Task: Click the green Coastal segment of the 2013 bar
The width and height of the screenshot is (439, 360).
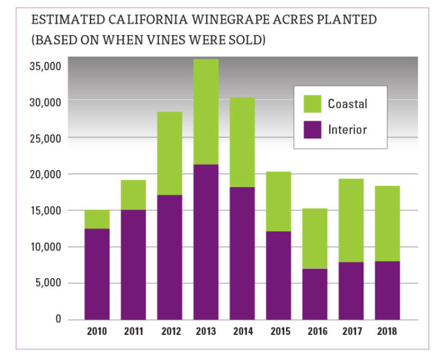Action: (205, 111)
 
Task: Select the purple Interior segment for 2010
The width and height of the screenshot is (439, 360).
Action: (97, 274)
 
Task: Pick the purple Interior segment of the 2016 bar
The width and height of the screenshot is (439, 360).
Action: (314, 294)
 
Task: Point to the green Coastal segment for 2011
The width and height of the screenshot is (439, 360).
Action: (133, 195)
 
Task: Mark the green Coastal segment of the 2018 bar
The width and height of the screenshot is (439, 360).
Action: (387, 223)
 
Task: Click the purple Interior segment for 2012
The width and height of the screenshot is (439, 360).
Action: (169, 257)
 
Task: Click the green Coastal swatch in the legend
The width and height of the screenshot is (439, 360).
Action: (312, 104)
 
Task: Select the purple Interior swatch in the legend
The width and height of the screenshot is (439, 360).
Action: (312, 129)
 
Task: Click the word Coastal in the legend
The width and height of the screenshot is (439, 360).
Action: (347, 104)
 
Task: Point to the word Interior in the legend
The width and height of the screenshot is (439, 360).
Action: (347, 130)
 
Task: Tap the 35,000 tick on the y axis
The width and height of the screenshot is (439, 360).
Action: (44, 65)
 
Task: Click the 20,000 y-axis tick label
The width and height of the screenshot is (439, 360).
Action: (44, 174)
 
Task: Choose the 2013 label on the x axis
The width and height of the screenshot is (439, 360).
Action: (205, 331)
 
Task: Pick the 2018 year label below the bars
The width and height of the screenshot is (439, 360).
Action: (387, 331)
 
